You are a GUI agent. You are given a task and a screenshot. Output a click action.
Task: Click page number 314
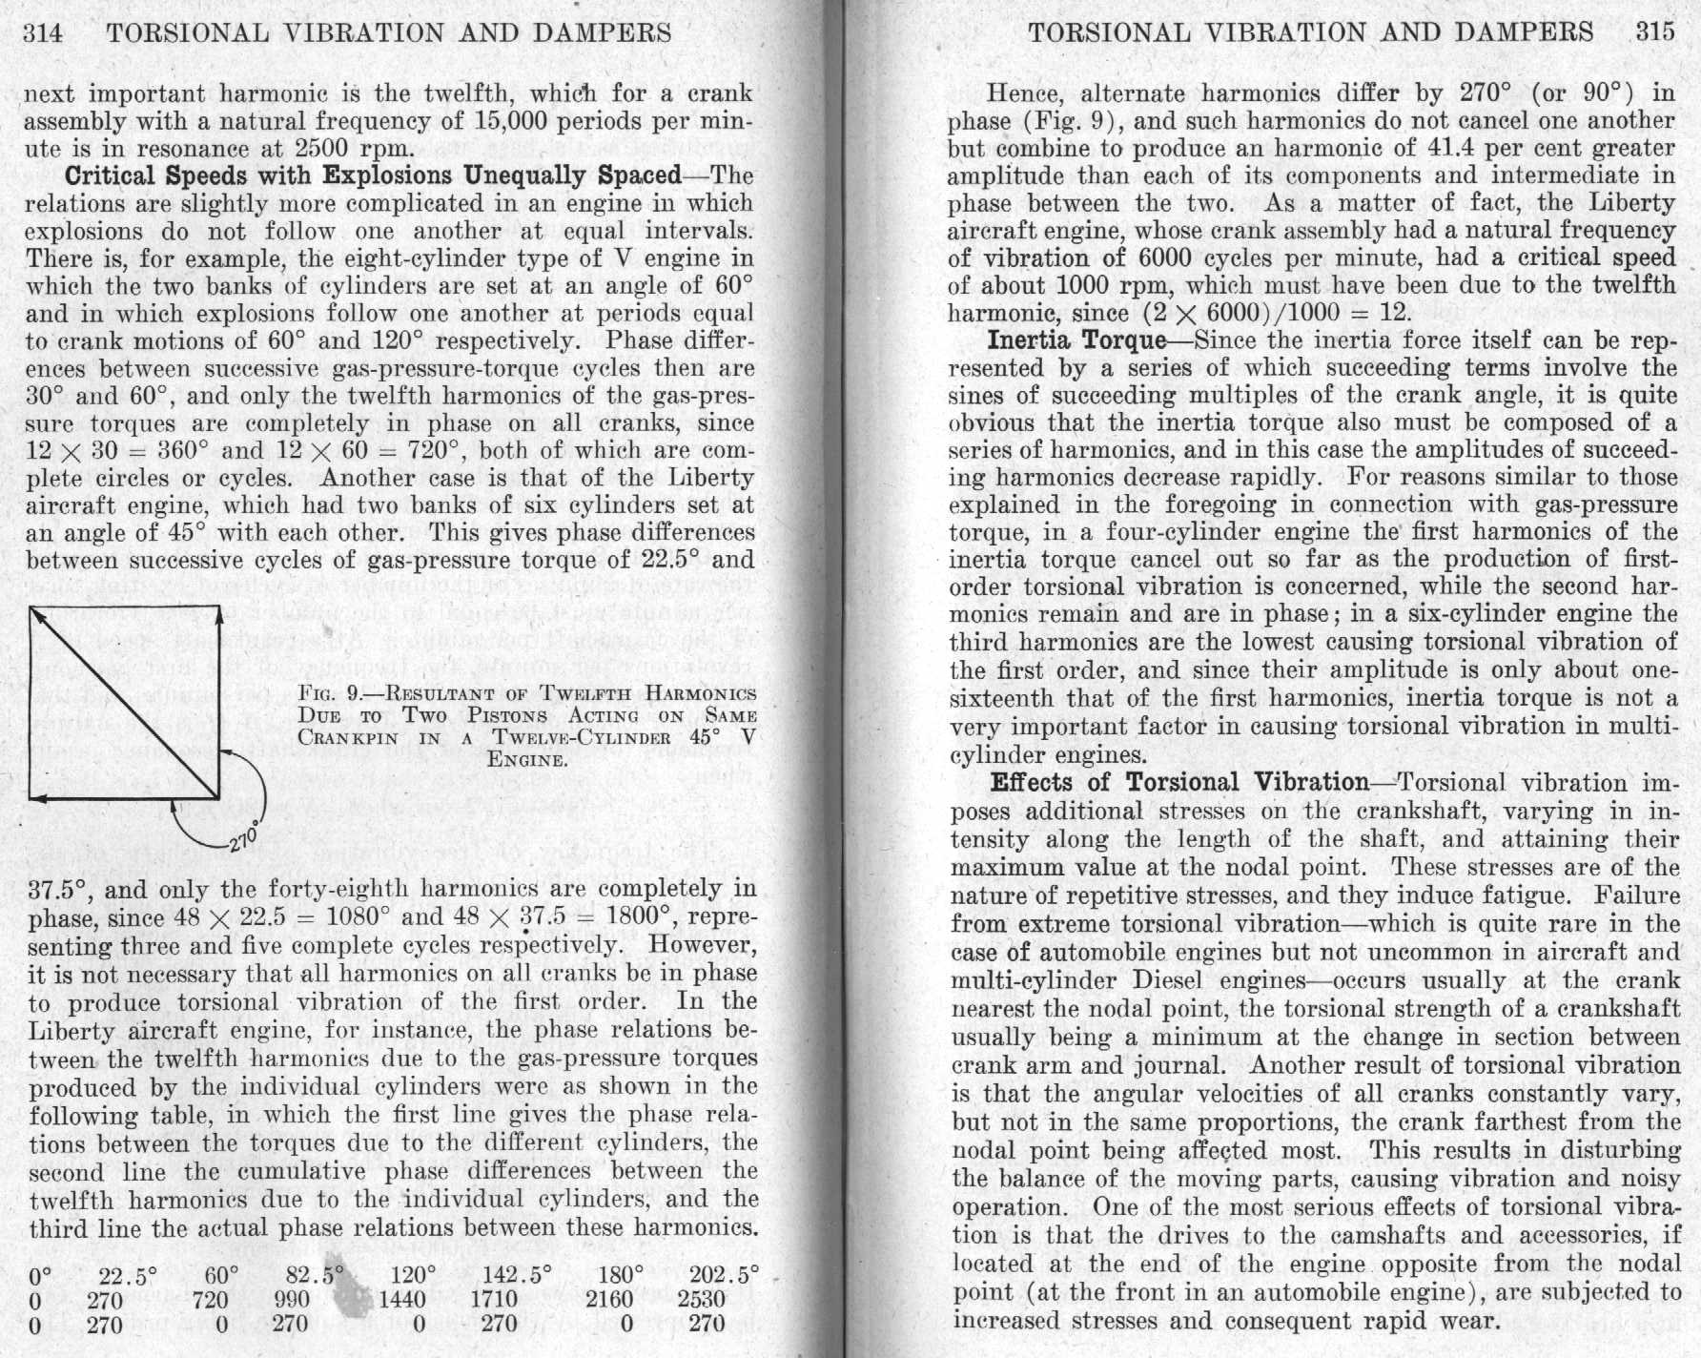click(43, 33)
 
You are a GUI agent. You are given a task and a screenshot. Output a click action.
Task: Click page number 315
click(1655, 31)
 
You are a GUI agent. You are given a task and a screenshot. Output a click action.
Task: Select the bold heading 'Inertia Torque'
click(1076, 340)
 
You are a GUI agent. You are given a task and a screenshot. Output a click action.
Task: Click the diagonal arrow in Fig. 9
click(124, 703)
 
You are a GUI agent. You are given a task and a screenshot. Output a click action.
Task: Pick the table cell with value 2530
click(701, 1299)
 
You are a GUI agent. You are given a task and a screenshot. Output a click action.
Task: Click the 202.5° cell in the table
click(724, 1274)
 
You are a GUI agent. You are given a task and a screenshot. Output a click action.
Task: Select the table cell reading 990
click(292, 1299)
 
